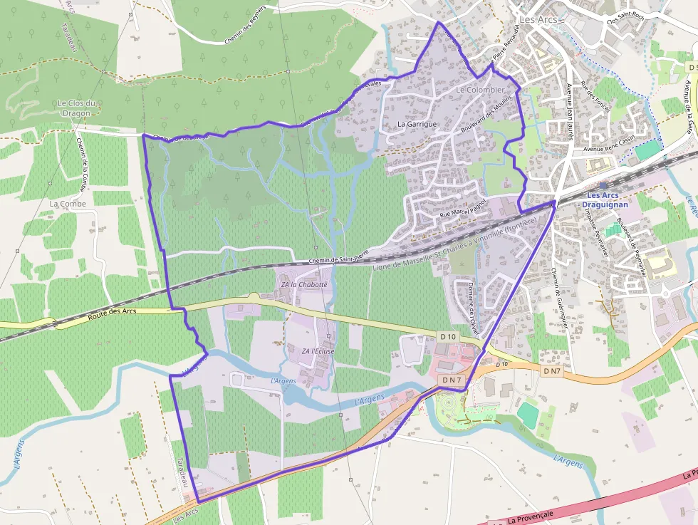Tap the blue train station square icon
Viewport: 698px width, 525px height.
click(x=603, y=185)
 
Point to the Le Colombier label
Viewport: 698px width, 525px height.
click(x=479, y=90)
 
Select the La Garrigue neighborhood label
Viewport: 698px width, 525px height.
click(x=417, y=124)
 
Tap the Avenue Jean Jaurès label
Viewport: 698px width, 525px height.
click(x=570, y=110)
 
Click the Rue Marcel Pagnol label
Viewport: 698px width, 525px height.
click(x=463, y=209)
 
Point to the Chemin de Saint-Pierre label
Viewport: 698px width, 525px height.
click(x=339, y=257)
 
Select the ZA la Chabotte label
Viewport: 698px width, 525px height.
click(x=303, y=285)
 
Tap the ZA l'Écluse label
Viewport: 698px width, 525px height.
click(x=318, y=351)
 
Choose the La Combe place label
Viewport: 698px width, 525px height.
click(x=68, y=204)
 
